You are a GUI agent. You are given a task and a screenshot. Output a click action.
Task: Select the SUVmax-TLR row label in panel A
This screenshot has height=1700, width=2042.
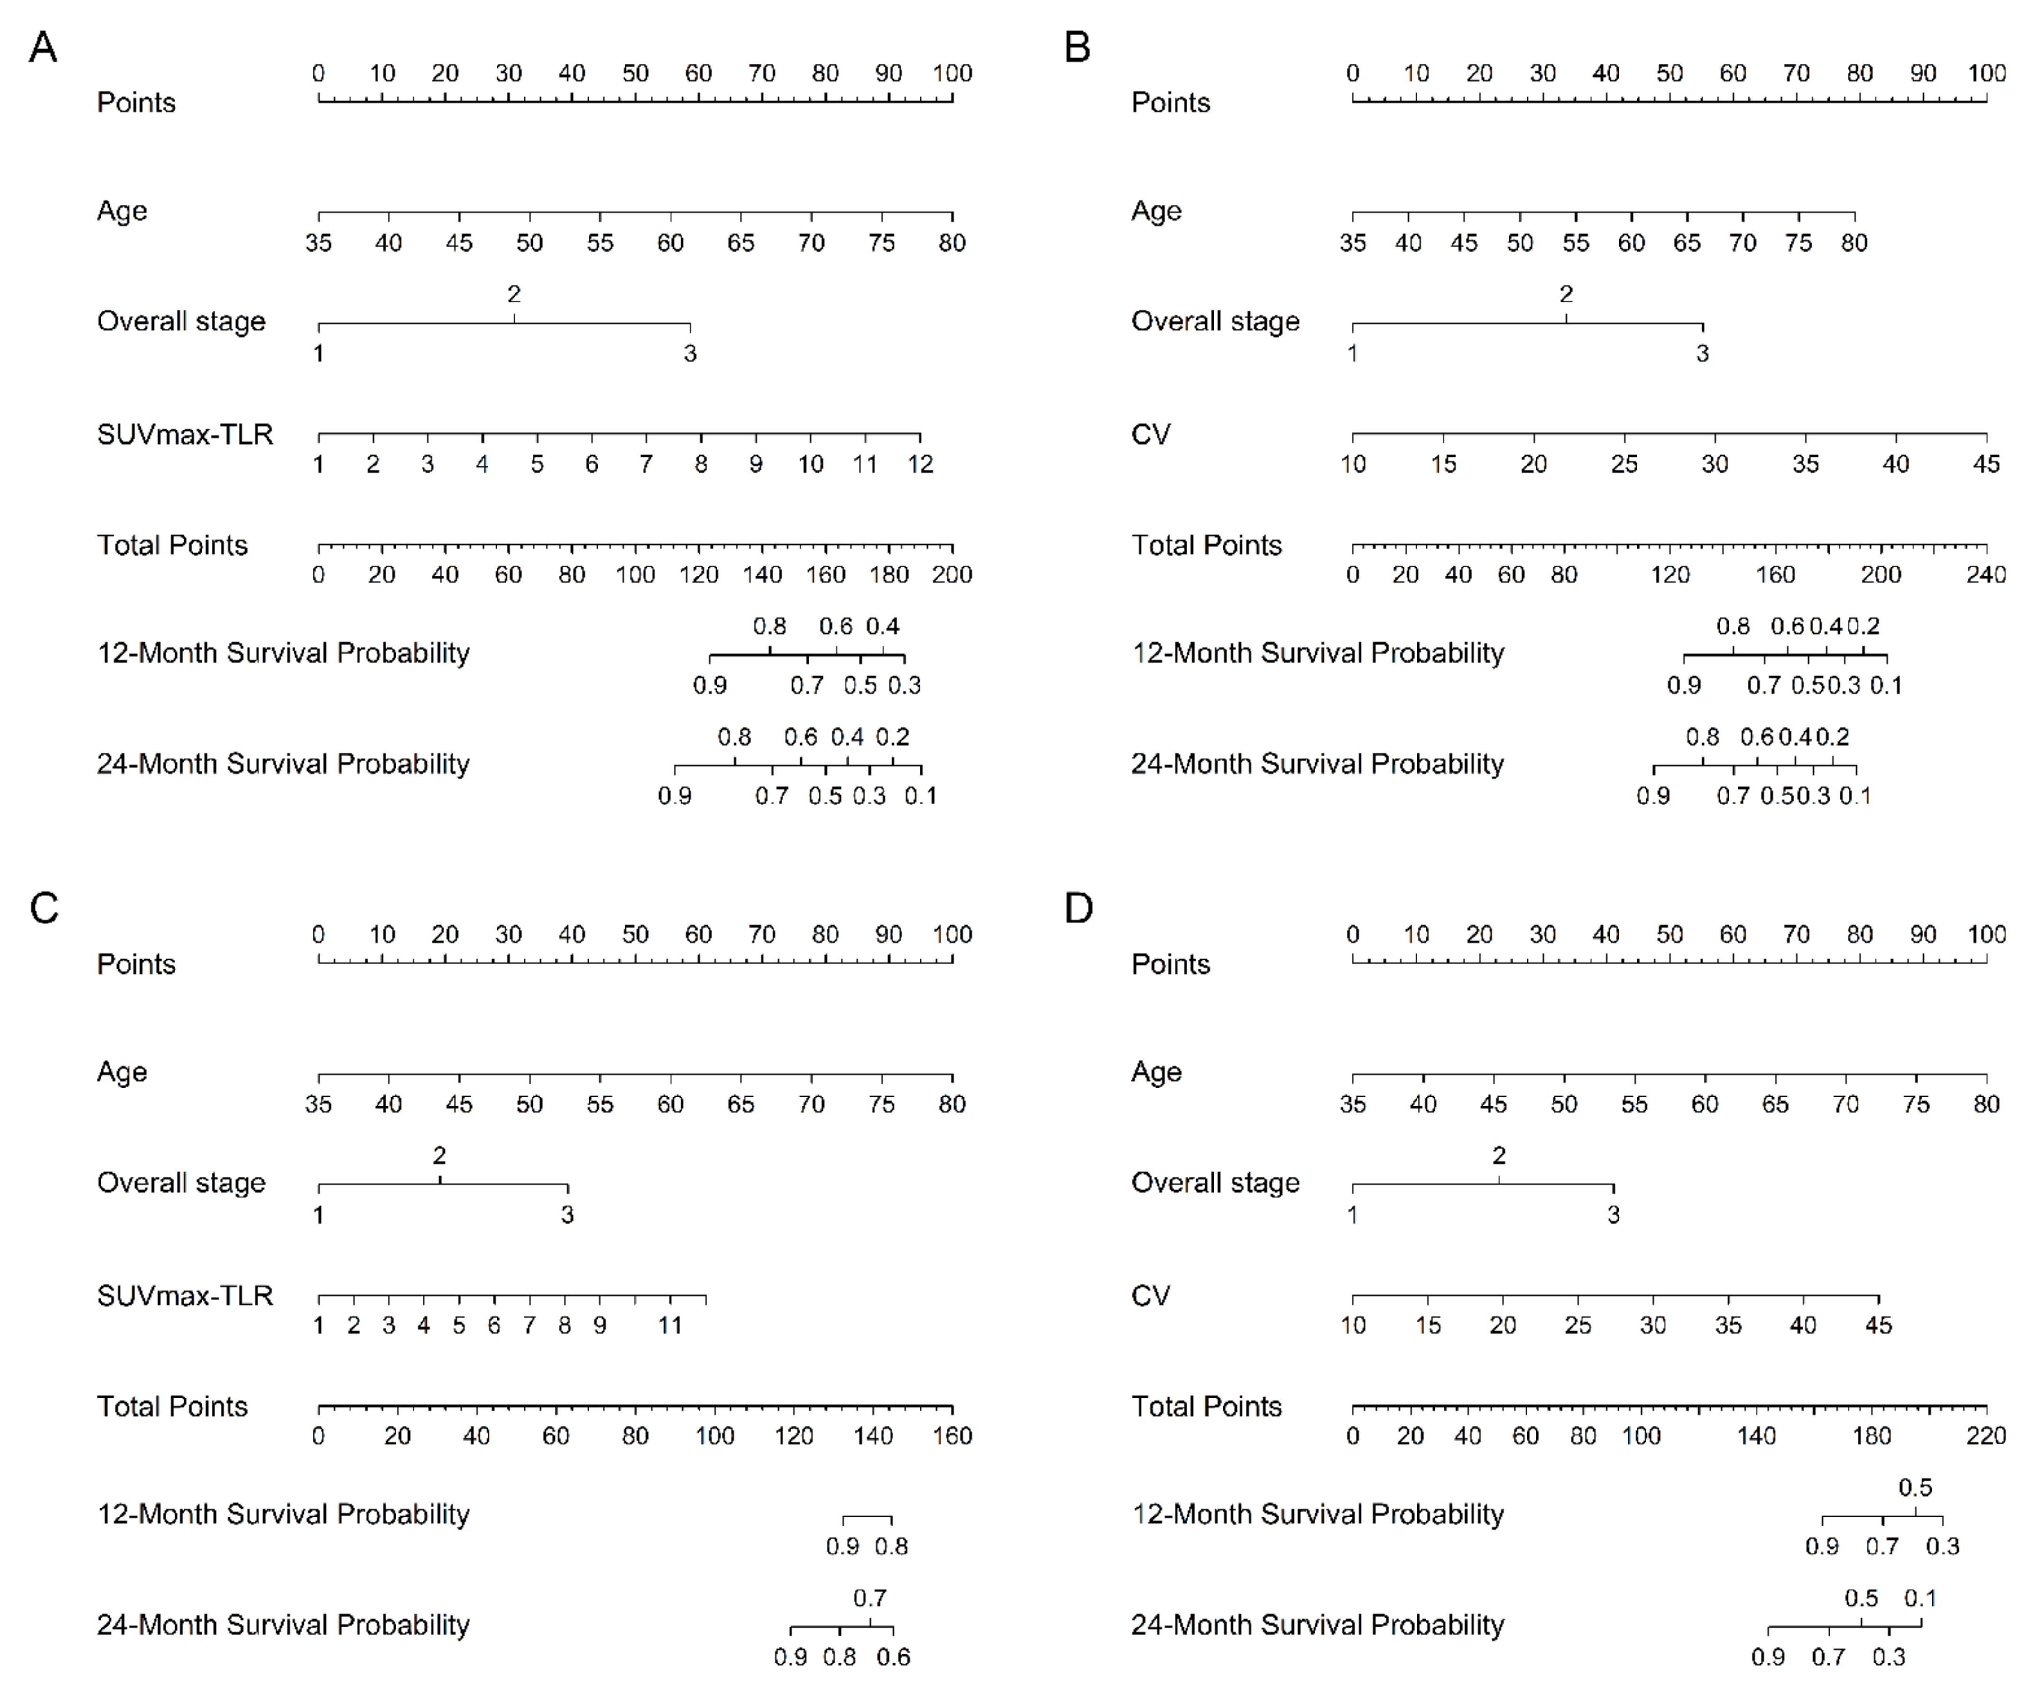click(x=185, y=434)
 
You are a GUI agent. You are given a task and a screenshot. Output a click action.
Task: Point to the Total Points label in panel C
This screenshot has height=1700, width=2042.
click(x=172, y=1407)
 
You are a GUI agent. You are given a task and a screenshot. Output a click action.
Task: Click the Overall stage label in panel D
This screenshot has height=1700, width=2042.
click(x=1215, y=1183)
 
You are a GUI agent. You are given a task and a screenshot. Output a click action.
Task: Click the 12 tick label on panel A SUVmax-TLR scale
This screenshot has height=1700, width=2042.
click(x=920, y=465)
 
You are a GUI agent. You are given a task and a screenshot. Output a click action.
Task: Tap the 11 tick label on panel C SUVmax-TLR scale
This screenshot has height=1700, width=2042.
click(x=670, y=1326)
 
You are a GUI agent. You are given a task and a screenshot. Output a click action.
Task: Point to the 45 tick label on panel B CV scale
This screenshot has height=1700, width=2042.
click(x=1986, y=465)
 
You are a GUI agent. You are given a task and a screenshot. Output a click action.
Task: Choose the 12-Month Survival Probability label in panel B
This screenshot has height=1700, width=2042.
click(x=1317, y=653)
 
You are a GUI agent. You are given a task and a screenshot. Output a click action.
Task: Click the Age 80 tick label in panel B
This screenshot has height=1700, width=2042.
click(x=1854, y=243)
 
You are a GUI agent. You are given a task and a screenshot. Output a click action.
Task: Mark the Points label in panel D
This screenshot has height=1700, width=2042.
click(x=1171, y=964)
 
